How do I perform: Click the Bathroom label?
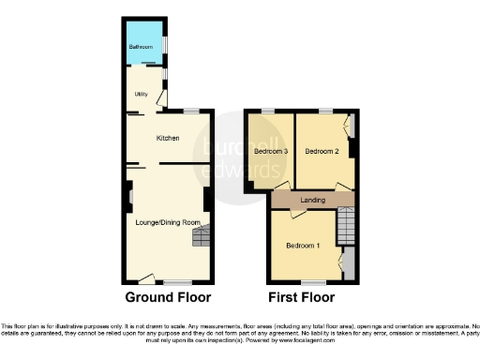(x=141, y=46)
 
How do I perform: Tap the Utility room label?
(x=142, y=94)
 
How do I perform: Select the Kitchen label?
(x=168, y=139)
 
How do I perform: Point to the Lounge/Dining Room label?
(x=166, y=221)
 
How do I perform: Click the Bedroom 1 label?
(x=302, y=245)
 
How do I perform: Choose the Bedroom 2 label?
(x=322, y=151)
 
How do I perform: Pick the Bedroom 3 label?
(x=270, y=151)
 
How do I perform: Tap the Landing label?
(x=312, y=200)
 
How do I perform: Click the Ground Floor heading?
(x=168, y=299)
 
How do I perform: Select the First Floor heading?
(x=301, y=299)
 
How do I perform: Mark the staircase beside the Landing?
(x=347, y=225)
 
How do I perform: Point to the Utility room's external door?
(x=162, y=97)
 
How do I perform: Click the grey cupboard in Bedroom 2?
(x=352, y=125)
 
